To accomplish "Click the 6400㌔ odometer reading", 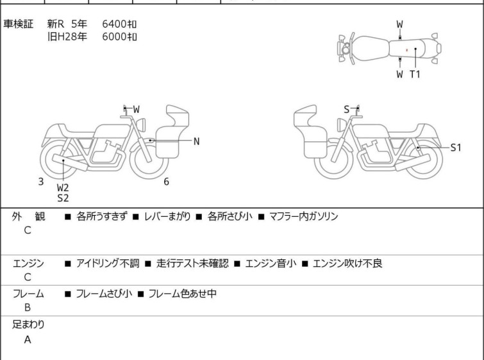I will pyautogui.click(x=119, y=24).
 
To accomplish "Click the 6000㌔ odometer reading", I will pyautogui.click(x=119, y=37).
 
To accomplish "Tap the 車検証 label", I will pyautogui.click(x=19, y=24).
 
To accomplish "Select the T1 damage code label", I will pyautogui.click(x=415, y=74).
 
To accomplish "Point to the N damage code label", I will pyautogui.click(x=196, y=141).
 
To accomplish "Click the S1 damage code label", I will pyautogui.click(x=455, y=148).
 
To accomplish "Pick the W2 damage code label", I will pyautogui.click(x=63, y=187).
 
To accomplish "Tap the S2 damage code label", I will pyautogui.click(x=63, y=198).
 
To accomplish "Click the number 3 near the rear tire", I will pyautogui.click(x=41, y=182).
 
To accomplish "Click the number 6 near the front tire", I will pyautogui.click(x=166, y=182).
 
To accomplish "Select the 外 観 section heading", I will pyautogui.click(x=29, y=217).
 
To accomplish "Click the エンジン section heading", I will pyautogui.click(x=29, y=263).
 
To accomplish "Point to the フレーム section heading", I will pyautogui.click(x=29, y=294).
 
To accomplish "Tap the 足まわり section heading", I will pyautogui.click(x=29, y=325).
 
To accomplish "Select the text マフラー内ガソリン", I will pyautogui.click(x=303, y=217).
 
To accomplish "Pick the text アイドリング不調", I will pyautogui.click(x=107, y=263).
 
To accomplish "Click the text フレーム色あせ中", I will pyautogui.click(x=182, y=294).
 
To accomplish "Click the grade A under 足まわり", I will pyautogui.click(x=28, y=340).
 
